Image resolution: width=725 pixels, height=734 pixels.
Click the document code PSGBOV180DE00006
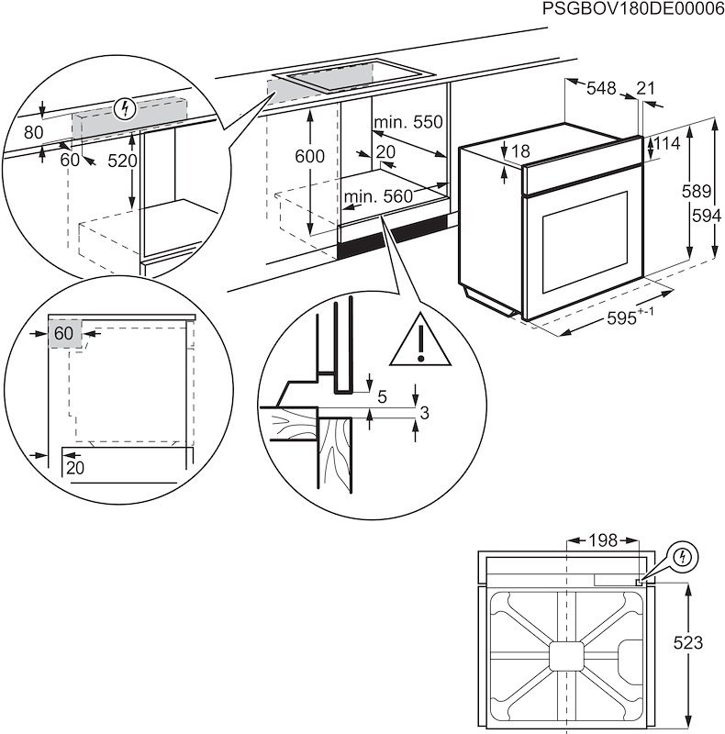coord(632,10)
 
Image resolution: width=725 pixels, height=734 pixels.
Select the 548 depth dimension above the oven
coord(601,88)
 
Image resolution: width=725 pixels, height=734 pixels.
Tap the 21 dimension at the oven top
coord(646,88)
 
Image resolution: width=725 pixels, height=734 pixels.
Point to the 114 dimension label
coord(668,143)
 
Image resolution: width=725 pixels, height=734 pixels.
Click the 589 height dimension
coord(702,192)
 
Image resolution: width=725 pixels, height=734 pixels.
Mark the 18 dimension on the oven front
coord(520,150)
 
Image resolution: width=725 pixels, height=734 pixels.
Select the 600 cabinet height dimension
coord(309,157)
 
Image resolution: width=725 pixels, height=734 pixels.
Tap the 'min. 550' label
coord(407,122)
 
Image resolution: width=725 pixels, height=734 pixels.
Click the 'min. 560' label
coord(378,195)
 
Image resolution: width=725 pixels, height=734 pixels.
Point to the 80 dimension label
coord(34,132)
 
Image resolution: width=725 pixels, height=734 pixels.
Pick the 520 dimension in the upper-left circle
coord(122,161)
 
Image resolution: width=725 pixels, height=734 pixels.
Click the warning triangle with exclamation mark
coord(419,340)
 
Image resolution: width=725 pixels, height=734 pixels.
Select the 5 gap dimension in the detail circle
coord(382,396)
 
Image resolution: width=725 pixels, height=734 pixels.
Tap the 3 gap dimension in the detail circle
coord(424,413)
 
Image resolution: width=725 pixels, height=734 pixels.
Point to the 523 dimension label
coord(702,643)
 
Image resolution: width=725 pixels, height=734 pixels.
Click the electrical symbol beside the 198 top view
coord(683,556)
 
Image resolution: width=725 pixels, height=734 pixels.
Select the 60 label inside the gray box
coord(62,333)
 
